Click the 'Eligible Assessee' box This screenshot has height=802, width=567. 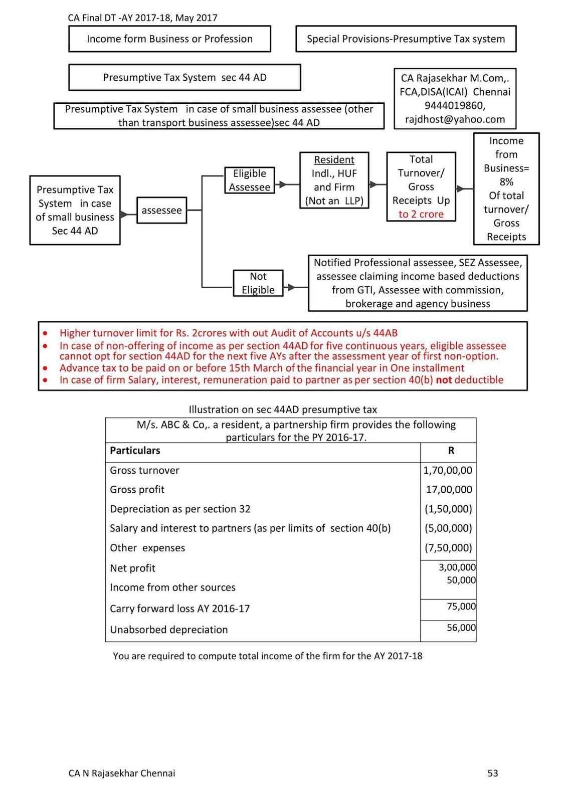point(249,180)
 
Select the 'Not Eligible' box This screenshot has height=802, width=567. point(258,283)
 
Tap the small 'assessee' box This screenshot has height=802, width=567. point(161,211)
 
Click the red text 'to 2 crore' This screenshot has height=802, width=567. point(421,215)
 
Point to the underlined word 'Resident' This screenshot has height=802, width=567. point(334,160)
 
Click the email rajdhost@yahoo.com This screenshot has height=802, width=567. point(455,119)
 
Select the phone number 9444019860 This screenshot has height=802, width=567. point(455,106)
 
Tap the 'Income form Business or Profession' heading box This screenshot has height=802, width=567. point(169,39)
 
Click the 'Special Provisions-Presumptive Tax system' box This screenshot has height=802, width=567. point(406,39)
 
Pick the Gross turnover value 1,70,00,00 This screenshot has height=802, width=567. point(448,471)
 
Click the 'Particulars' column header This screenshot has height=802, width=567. point(135,451)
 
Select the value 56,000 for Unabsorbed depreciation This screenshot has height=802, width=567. point(461,628)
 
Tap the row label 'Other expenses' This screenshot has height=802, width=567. point(147,548)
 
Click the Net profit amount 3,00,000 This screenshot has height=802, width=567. point(457,567)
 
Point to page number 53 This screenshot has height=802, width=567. point(493,773)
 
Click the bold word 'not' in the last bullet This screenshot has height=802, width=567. point(444,380)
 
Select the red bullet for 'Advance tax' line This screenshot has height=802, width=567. point(46,368)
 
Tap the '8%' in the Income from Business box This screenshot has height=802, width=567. point(506,182)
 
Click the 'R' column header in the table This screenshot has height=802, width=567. point(451,451)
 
